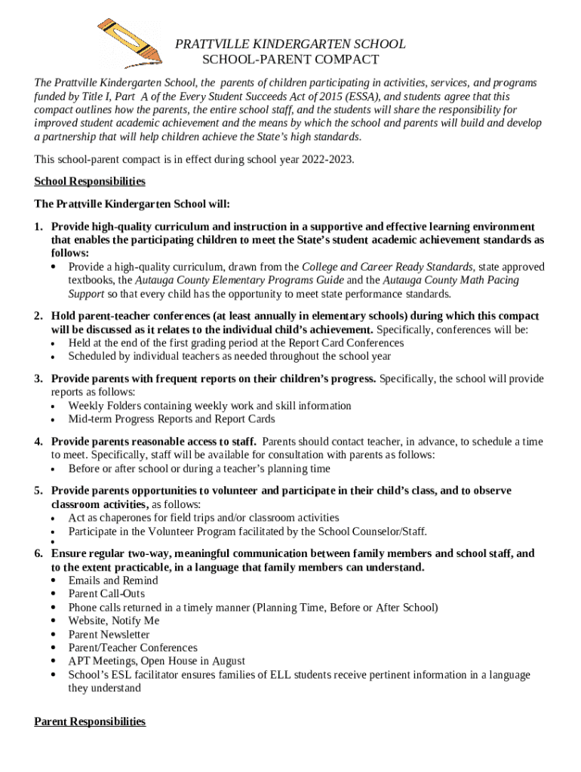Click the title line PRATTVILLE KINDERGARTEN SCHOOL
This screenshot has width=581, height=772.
tap(290, 44)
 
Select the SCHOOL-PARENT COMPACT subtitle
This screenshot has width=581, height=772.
tap(290, 60)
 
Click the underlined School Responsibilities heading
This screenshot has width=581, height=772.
tap(90, 182)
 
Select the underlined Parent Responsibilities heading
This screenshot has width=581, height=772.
tap(90, 721)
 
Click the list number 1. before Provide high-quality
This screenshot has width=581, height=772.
tap(38, 227)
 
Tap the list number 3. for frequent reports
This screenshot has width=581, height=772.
tap(38, 378)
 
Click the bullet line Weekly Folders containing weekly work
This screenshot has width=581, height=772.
tap(210, 406)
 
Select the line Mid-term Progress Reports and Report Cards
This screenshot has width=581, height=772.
tap(171, 419)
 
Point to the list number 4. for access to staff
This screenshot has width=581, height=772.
tap(38, 442)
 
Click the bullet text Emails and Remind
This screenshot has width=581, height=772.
tap(113, 581)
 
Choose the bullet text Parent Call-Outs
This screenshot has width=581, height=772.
tap(106, 594)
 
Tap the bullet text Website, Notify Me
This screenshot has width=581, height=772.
tap(114, 621)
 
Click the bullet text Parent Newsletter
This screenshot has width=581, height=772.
tap(109, 635)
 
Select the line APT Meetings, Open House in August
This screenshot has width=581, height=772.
tap(156, 661)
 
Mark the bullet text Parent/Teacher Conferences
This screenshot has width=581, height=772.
tap(133, 648)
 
